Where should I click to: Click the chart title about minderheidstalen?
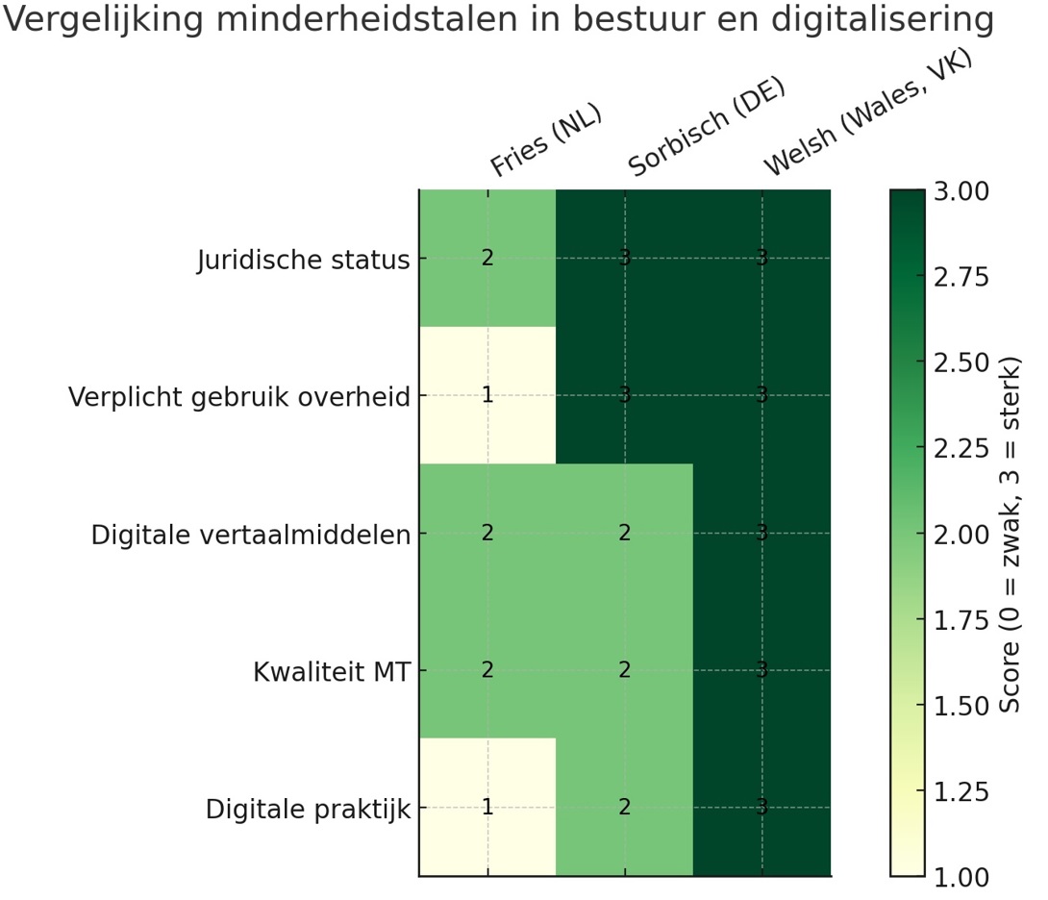click(x=498, y=21)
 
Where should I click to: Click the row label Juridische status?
click(x=304, y=260)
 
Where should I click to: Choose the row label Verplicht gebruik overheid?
click(x=239, y=397)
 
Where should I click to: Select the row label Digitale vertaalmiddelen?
click(x=251, y=535)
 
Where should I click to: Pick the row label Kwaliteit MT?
click(x=332, y=672)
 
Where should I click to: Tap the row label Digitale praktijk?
click(x=308, y=810)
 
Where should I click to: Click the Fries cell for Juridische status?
click(x=487, y=258)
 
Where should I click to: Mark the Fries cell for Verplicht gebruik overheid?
click(x=487, y=395)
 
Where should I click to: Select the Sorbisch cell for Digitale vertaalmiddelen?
click(x=625, y=533)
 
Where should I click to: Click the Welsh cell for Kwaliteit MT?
click(x=762, y=670)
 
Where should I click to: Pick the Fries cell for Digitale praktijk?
click(x=487, y=808)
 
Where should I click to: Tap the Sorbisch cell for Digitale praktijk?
click(x=625, y=808)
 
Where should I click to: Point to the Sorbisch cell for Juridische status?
click(x=625, y=258)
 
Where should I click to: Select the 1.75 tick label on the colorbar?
click(x=961, y=620)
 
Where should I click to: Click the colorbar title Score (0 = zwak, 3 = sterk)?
click(x=1011, y=534)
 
